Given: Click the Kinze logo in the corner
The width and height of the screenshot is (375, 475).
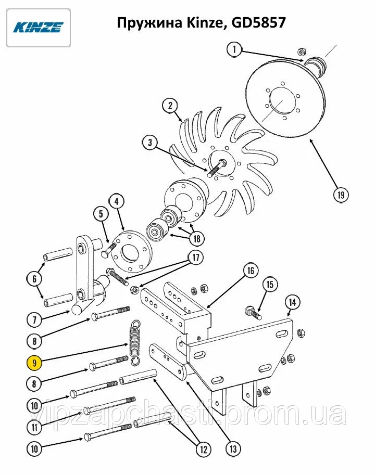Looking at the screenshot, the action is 39,28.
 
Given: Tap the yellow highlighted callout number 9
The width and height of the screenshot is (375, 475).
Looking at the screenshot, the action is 34,363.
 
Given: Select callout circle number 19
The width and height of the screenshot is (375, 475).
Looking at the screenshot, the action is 341,195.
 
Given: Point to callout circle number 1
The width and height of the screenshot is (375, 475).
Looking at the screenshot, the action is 234,49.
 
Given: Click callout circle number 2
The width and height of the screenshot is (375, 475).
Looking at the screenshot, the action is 170,106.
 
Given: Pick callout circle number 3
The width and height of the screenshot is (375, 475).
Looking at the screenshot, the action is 151,143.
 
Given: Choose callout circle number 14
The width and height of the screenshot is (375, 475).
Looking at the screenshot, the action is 292,302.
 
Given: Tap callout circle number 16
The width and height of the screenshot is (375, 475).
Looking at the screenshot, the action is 251,271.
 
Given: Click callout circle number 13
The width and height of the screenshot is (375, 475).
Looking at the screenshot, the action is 233,448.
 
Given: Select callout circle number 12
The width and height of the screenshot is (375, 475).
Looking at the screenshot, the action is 204,450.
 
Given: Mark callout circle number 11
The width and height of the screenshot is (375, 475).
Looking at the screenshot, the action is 34,427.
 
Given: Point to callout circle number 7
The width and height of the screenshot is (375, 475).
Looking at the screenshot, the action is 34,320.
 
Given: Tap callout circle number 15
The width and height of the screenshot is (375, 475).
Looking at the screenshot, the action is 269,285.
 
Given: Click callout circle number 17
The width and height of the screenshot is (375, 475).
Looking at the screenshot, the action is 196,258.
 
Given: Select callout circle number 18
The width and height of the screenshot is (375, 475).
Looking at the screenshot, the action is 197,239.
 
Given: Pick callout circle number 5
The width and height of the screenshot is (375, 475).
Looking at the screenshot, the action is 101,214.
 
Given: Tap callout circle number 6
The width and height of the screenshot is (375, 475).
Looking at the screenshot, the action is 34,279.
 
